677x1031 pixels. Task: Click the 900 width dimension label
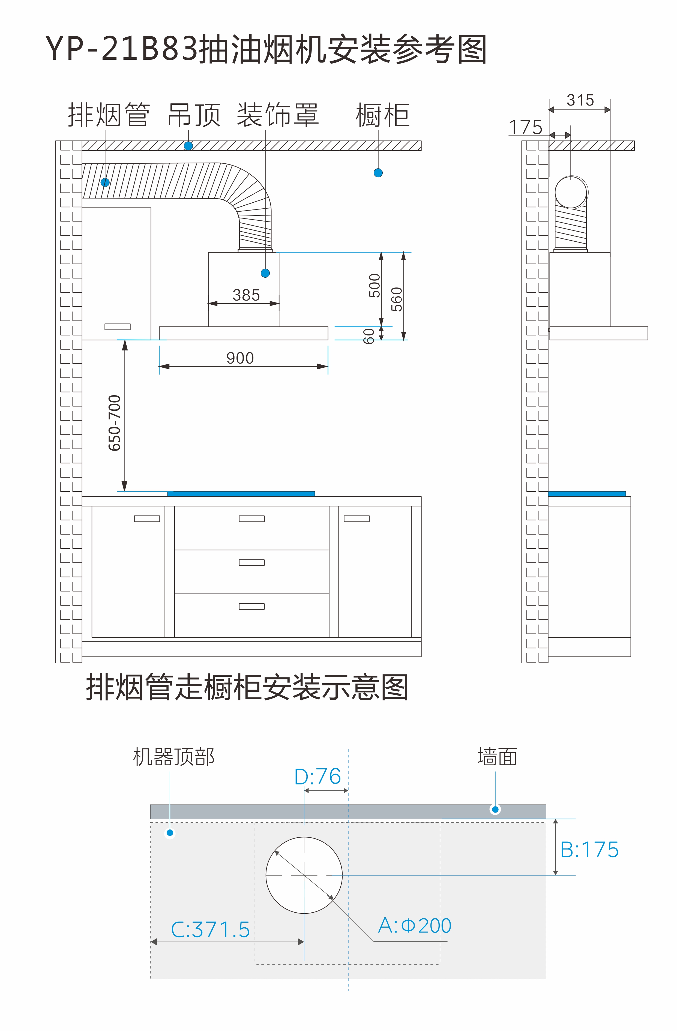[x=240, y=358]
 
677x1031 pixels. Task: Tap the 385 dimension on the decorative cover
[x=246, y=295]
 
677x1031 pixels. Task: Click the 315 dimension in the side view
[x=580, y=100]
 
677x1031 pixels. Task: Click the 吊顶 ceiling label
[x=194, y=115]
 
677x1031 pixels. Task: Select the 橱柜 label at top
[x=382, y=115]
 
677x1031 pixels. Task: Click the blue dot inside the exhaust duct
[x=105, y=182]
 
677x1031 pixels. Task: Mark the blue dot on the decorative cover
[x=265, y=273]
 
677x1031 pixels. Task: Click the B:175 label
[x=589, y=850]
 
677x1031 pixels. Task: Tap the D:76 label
[x=317, y=777]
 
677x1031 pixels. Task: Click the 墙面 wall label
[x=497, y=757]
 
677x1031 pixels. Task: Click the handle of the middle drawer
[x=252, y=563]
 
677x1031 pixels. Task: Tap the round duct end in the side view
[x=571, y=192]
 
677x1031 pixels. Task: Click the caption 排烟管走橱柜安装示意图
[x=247, y=688]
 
